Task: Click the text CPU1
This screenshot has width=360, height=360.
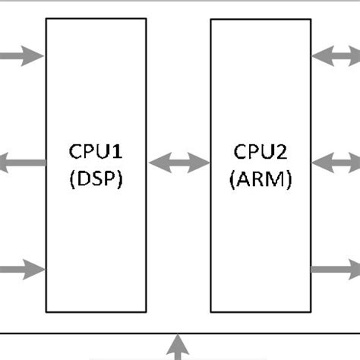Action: [96, 153]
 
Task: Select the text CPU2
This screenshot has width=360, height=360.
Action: [260, 153]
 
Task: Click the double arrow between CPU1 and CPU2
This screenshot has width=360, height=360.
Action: [178, 162]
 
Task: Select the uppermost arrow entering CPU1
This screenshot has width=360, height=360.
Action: [23, 55]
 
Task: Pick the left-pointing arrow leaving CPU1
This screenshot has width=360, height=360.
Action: [23, 162]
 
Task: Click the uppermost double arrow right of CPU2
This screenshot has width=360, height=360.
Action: [335, 55]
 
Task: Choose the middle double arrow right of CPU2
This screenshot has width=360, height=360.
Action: [335, 162]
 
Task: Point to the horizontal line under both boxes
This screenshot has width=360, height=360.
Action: [91, 333]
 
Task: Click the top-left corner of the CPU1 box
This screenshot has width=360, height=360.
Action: [46, 19]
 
